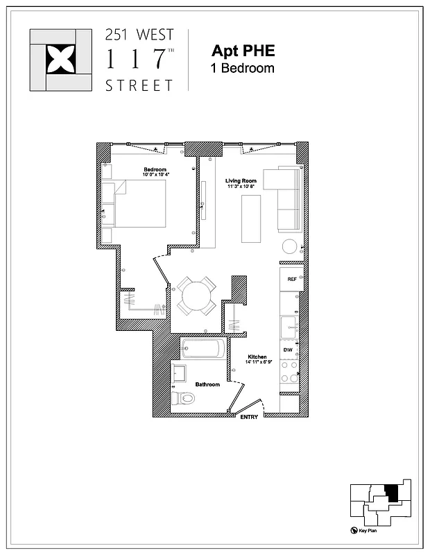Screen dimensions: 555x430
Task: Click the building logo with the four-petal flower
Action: tap(60, 60)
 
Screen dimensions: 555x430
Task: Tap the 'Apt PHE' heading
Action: tap(243, 51)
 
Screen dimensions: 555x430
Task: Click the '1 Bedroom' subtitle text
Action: tap(243, 68)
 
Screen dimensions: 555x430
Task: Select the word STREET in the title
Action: tap(139, 86)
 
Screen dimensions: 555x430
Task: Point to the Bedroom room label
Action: tap(155, 170)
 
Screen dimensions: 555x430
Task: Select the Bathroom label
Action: tap(207, 384)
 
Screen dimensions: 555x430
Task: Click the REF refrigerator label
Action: tap(292, 278)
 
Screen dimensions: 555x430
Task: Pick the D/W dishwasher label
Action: tap(288, 351)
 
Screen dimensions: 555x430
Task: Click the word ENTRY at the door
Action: tap(249, 418)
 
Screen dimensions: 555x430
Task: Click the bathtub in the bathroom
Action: tap(203, 349)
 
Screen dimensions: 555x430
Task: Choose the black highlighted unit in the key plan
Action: tap(393, 493)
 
